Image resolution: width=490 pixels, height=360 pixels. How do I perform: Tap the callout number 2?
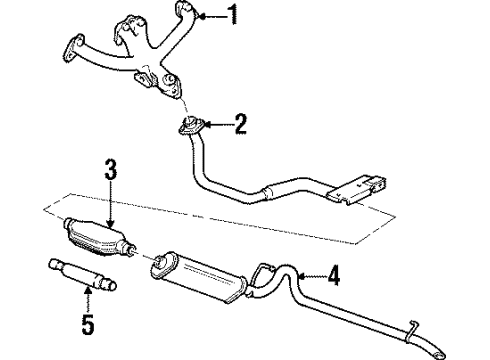pos(239,125)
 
